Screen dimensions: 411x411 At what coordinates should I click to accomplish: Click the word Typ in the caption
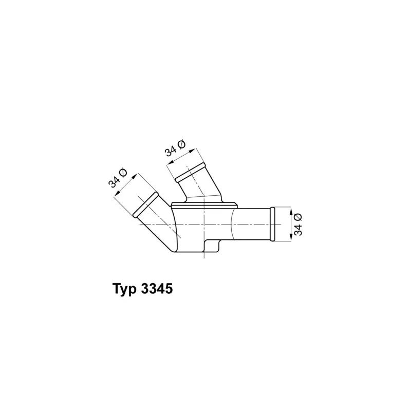pos(124,289)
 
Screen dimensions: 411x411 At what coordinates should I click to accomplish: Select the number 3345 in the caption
pos(157,289)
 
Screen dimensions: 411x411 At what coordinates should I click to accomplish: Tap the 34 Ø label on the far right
pos(298,225)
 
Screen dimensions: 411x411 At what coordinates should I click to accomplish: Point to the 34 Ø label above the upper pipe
pos(175,148)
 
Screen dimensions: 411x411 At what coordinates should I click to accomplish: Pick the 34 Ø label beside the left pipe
pos(118,178)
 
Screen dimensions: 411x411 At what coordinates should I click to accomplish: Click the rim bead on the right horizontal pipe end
pos(273,224)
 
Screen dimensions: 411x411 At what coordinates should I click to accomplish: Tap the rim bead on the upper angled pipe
pos(190,173)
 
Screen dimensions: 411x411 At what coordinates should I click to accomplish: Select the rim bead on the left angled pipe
pos(146,204)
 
